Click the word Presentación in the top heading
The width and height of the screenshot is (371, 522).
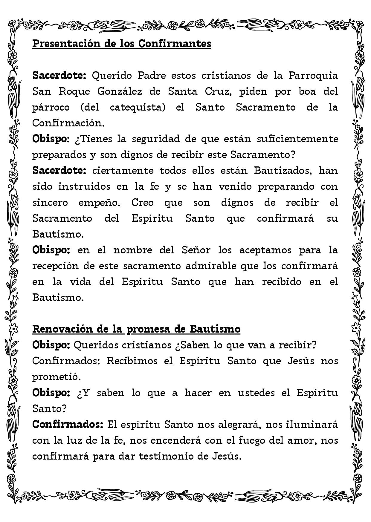pyautogui.click(x=66, y=44)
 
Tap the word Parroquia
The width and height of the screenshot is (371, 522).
pyautogui.click(x=313, y=75)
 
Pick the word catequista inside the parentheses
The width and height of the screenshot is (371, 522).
pyautogui.click(x=136, y=107)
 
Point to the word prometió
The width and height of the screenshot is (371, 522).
pyautogui.click(x=57, y=377)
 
